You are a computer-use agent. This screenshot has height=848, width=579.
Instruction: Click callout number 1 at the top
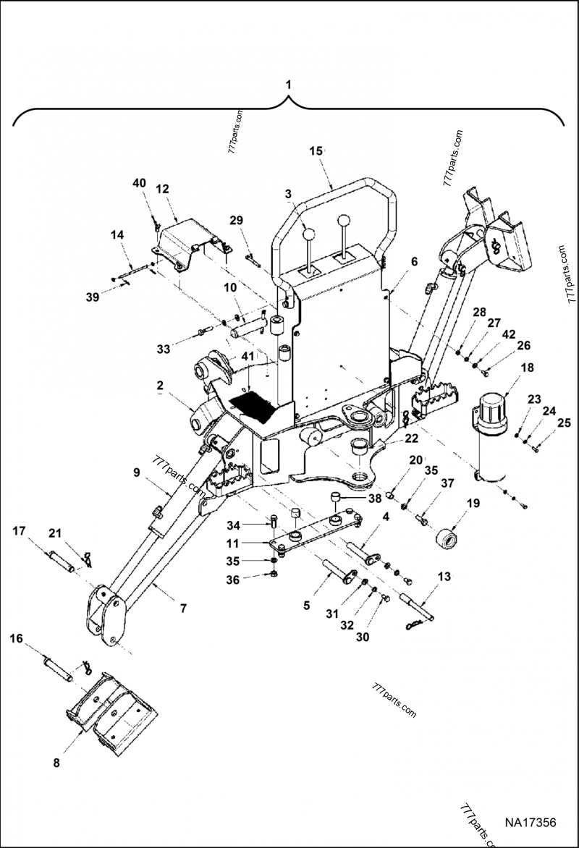[x=289, y=84]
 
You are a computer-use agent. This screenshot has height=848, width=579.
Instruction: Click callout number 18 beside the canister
[x=527, y=368]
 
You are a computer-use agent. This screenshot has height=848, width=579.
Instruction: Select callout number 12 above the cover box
[x=162, y=189]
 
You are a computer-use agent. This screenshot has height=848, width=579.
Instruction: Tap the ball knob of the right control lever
[x=345, y=221]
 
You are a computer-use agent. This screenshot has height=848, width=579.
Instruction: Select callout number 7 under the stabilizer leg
[x=183, y=609]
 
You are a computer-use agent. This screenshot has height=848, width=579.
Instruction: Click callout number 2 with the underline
[x=160, y=386]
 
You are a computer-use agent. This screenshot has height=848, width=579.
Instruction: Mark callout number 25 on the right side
[x=563, y=422]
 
